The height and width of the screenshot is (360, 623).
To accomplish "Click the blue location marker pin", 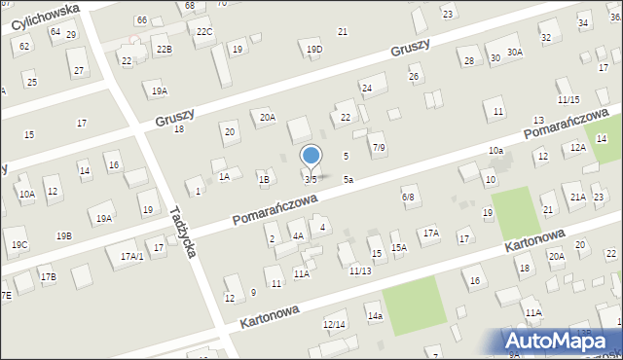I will [311, 157].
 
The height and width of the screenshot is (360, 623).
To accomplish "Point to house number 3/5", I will [311, 180].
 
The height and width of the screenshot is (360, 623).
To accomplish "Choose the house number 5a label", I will [348, 180].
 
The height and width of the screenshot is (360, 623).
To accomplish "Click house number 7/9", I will [379, 148].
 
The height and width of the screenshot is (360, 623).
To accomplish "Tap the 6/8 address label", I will [409, 198].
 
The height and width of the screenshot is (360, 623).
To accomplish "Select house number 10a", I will [495, 151].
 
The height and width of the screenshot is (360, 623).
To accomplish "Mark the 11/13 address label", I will [360, 270].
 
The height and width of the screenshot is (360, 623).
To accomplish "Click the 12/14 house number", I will [334, 324].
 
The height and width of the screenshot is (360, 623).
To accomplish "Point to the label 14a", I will [375, 317].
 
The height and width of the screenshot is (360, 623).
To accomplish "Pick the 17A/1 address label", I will [131, 256].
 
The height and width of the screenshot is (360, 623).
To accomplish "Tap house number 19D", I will [313, 50].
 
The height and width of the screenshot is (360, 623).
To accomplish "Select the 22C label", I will [204, 32].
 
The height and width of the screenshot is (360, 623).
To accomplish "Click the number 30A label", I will [515, 53].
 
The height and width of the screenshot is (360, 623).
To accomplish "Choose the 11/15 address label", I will [568, 100].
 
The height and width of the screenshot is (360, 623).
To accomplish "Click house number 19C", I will [19, 244].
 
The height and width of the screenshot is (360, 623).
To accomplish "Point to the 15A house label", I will [399, 248].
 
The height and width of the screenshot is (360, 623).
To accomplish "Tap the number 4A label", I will [299, 235].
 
